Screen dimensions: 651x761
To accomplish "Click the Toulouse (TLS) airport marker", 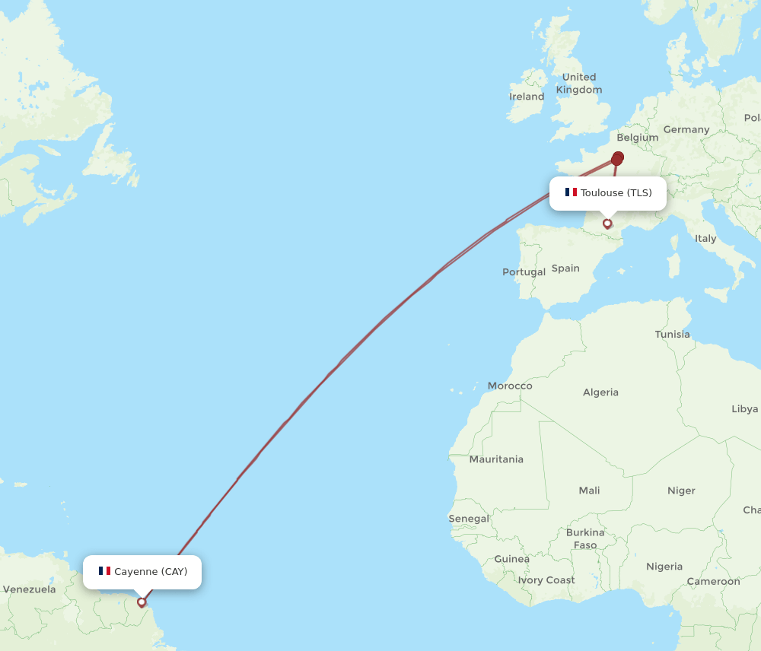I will coord(607,224).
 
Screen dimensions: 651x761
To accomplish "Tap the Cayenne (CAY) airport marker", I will coord(142,602).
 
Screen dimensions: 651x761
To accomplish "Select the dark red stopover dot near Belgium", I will coord(617,159).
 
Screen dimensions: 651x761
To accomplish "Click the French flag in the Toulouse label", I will coord(571,192).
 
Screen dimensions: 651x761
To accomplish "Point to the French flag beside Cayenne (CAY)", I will coord(104,571).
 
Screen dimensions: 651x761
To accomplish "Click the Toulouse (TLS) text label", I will coord(616,192).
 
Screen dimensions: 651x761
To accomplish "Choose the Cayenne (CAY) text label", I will coord(151,571).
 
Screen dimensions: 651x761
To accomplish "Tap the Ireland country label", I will coord(527,97).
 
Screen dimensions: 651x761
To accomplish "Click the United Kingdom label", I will coord(579,83).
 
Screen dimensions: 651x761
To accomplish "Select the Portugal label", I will coord(524,272).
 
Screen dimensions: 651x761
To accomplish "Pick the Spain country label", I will coord(565,268).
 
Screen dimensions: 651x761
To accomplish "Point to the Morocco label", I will coord(510,386).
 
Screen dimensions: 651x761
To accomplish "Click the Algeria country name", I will coord(600,392).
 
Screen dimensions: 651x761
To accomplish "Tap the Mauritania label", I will coord(496,459).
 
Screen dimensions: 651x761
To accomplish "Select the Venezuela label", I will coord(29,589).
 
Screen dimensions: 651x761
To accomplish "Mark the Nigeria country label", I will coord(664,567).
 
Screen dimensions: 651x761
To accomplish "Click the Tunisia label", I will coord(673,334).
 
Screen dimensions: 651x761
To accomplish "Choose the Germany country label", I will coord(686,129).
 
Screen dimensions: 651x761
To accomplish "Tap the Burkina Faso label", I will coord(585,538).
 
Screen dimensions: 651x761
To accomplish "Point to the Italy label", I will coord(705,238).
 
